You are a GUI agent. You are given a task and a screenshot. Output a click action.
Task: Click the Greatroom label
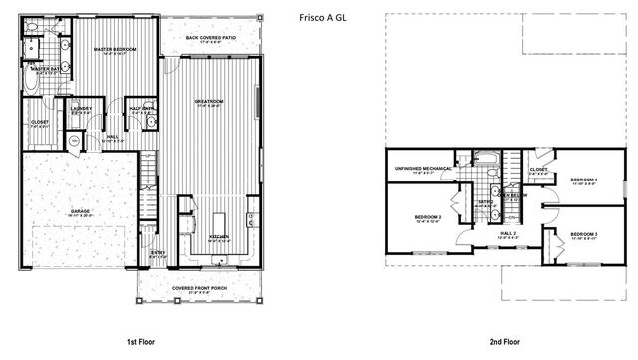[x=208, y=102]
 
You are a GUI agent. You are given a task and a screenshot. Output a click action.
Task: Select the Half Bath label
[x=141, y=109]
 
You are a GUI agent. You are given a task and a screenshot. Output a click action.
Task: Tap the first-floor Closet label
[x=40, y=123]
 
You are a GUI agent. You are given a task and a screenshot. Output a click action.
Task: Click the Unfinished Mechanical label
[x=420, y=168]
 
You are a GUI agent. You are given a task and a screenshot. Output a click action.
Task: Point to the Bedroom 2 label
[x=426, y=216]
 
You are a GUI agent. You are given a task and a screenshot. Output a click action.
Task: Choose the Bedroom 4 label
[x=583, y=180]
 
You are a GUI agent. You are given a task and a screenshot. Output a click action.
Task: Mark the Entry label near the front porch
[x=158, y=253]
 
